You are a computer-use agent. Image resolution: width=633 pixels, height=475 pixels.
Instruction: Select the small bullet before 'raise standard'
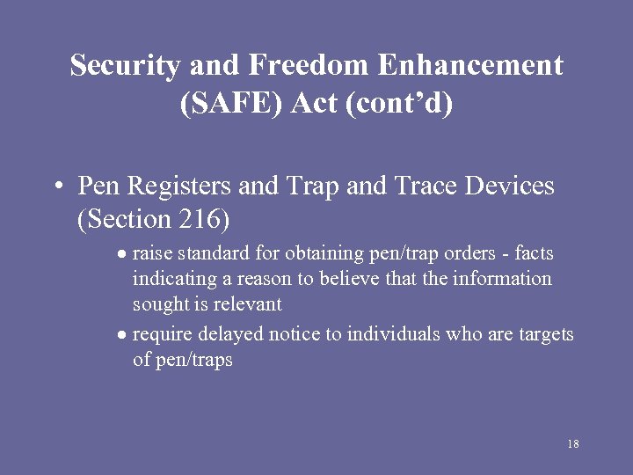124,254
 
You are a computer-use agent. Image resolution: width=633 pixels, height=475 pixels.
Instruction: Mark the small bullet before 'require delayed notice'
124,335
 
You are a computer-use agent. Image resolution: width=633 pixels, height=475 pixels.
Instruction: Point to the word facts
534,253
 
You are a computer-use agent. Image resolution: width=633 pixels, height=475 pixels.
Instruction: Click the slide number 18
573,443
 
